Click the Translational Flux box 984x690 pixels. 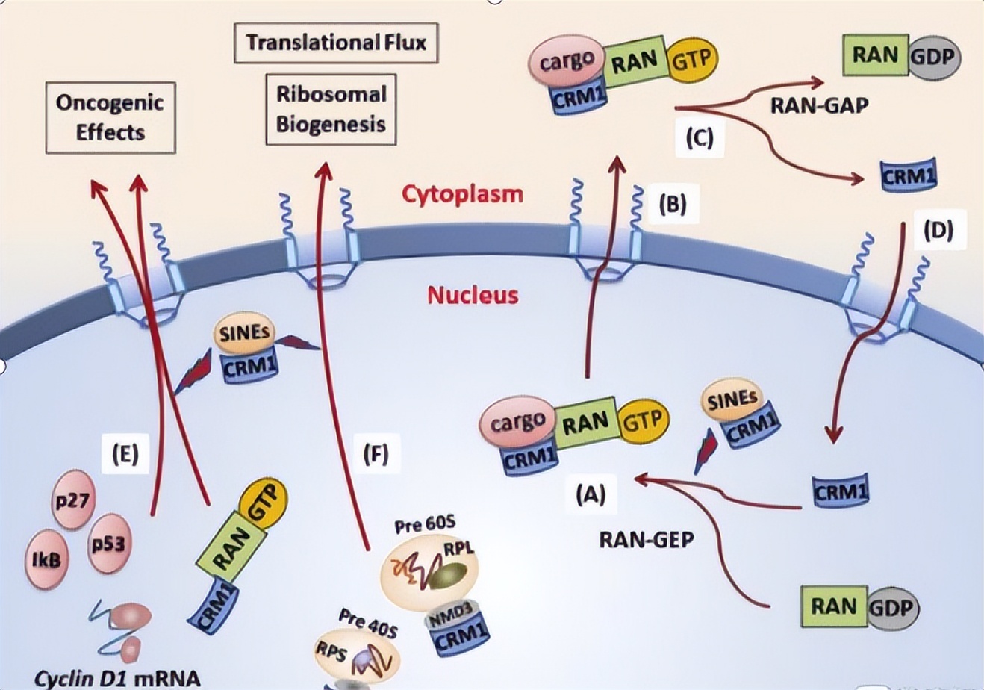click(x=335, y=42)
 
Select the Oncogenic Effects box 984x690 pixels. click(x=110, y=117)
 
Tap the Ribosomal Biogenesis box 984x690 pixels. click(x=331, y=108)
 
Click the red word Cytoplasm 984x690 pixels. click(x=462, y=194)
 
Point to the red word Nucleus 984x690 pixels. click(x=473, y=294)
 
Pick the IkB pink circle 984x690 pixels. click(x=46, y=559)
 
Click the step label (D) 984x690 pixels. click(x=938, y=231)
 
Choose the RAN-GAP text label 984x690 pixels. click(x=819, y=105)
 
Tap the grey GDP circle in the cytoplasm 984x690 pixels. click(x=933, y=56)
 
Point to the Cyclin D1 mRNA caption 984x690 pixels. click(x=116, y=678)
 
